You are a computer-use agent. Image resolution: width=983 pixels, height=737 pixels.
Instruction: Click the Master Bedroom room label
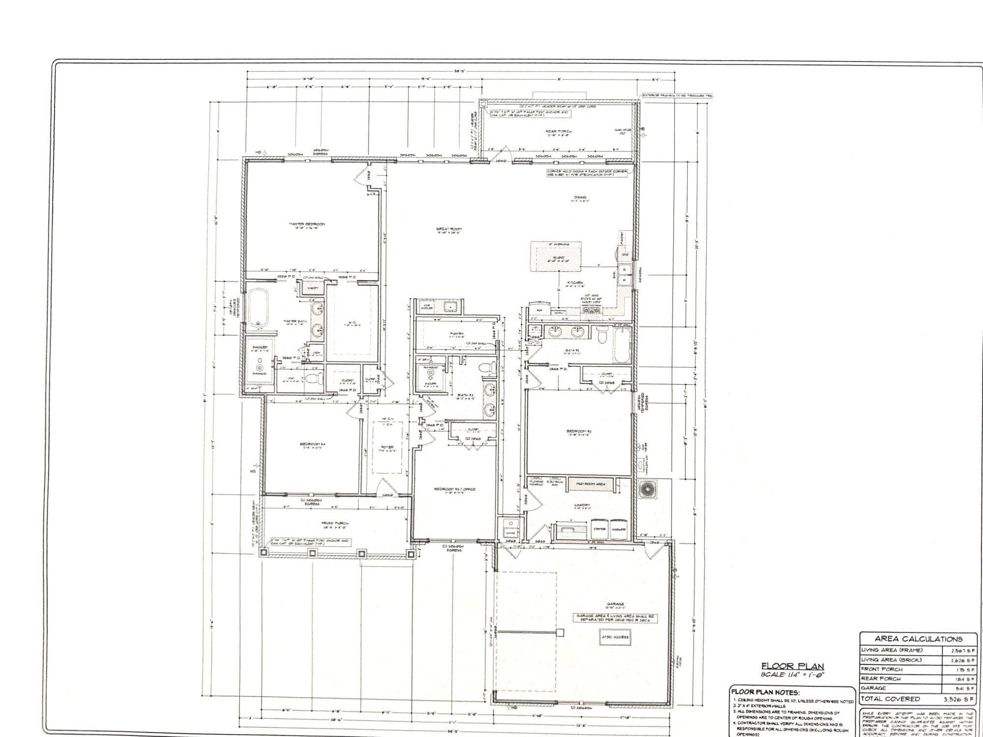coord(307,224)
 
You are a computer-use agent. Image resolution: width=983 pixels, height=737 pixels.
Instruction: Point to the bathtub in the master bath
coord(258,308)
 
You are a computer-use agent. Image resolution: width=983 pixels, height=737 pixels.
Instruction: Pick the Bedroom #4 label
coord(313,444)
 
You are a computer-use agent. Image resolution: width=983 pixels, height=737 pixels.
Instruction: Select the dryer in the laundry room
coord(600,529)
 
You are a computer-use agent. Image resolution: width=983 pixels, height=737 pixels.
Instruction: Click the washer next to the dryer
coord(619,529)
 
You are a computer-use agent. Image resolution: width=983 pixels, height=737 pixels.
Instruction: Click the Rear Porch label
coord(558,131)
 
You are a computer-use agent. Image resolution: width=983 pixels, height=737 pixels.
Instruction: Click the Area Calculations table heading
coord(918,639)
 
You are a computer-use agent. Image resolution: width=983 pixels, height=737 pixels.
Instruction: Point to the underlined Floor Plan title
coord(792,667)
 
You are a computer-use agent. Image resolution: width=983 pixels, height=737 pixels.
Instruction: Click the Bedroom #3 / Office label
coord(455,489)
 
